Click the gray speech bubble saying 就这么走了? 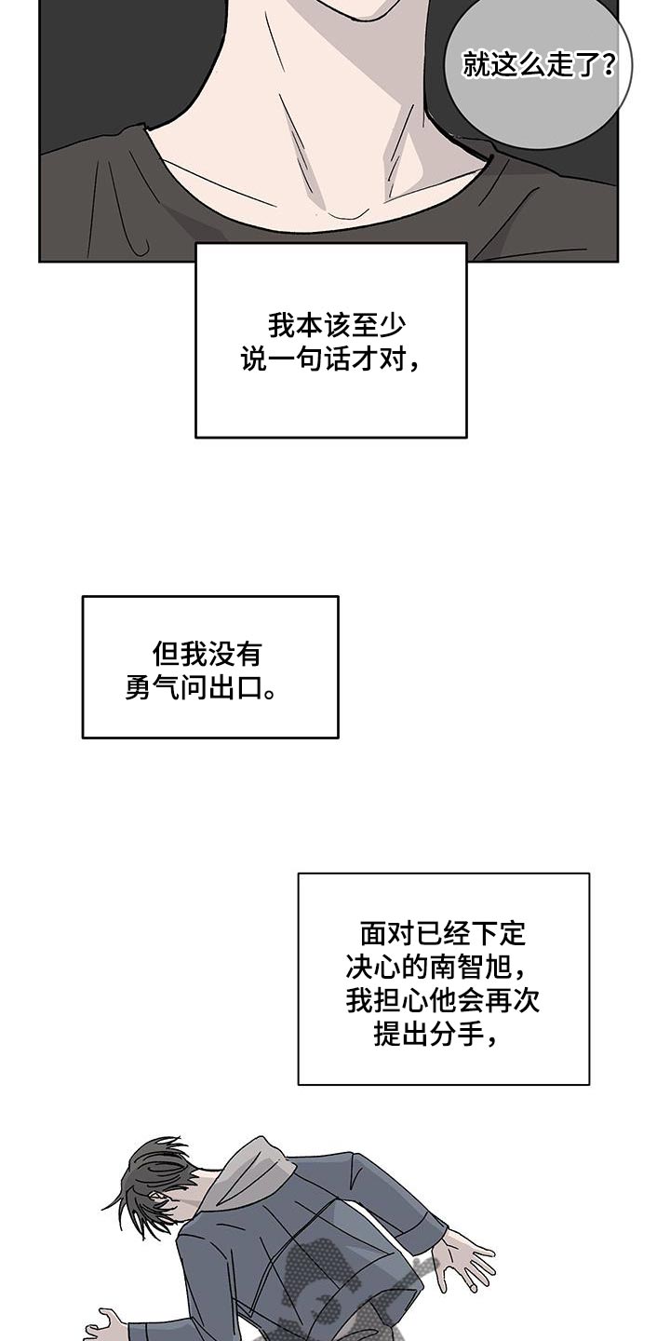(x=538, y=70)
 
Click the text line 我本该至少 (x=337, y=325)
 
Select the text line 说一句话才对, (x=330, y=359)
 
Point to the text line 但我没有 (x=208, y=654)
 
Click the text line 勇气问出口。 (x=200, y=688)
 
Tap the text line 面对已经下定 (x=443, y=932)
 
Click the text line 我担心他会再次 (x=443, y=1000)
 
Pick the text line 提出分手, (x=435, y=1035)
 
